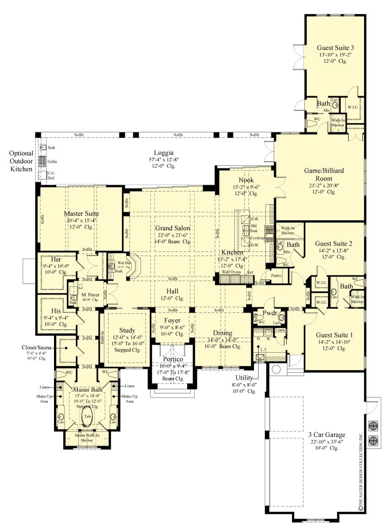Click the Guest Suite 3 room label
click(x=335, y=47)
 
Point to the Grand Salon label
click(x=172, y=228)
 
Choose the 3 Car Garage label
click(x=327, y=435)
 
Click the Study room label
click(x=127, y=330)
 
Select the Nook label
click(x=246, y=180)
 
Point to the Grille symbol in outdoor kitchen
click(x=42, y=161)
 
